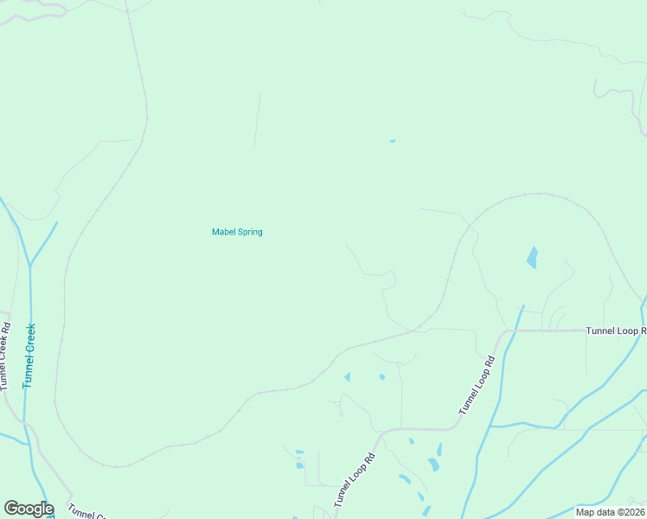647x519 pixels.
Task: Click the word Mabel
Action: [x=223, y=232]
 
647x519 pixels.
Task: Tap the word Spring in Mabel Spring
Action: [x=249, y=232]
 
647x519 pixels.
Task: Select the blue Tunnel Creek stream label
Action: [x=29, y=355]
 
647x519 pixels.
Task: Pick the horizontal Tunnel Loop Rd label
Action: [x=616, y=330]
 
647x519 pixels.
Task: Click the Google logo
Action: [x=29, y=509]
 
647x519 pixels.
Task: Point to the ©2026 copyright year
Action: [x=629, y=511]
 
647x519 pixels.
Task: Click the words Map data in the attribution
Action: [x=595, y=511]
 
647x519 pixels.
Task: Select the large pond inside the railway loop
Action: [x=532, y=257]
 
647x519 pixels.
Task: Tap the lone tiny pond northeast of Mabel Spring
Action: [x=392, y=141]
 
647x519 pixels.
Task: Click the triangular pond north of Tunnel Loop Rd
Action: [x=348, y=377]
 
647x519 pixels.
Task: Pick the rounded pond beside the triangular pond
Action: [x=381, y=376]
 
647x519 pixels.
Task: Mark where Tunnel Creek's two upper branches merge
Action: [x=29, y=264]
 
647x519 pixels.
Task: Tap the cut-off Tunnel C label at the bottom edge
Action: [x=86, y=514]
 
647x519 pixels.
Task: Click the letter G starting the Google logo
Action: [x=11, y=509]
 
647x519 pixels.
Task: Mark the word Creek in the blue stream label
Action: [x=29, y=341]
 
